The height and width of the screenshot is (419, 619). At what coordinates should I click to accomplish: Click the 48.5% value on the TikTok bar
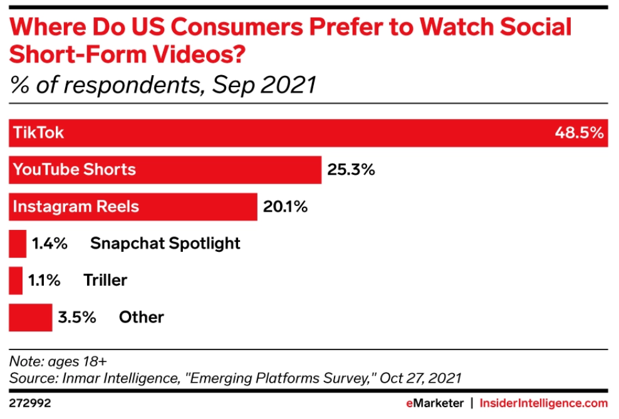pos(578,133)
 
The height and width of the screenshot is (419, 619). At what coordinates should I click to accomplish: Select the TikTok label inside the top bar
pos(39,133)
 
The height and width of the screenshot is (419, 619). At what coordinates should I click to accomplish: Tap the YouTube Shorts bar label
pos(75,170)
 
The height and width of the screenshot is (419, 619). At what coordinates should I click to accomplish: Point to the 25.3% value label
pos(351,170)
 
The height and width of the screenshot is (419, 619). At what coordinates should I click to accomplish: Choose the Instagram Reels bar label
pos(76,207)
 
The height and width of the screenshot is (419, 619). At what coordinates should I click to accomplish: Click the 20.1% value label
pos(285,207)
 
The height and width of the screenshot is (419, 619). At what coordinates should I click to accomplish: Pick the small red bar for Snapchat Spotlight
pos(18,244)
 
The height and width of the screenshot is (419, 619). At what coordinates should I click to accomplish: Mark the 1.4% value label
pos(49,244)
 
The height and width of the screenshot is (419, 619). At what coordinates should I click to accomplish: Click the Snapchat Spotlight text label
pos(165,244)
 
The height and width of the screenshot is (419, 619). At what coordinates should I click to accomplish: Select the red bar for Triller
pos(16,281)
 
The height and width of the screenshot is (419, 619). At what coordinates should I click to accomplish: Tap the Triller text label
pos(105,281)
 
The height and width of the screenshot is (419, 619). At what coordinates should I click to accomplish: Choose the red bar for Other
pos(30,318)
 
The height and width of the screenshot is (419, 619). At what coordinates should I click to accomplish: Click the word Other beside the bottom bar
pos(141,318)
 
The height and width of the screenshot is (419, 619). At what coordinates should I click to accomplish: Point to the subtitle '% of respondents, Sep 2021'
pos(163,85)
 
